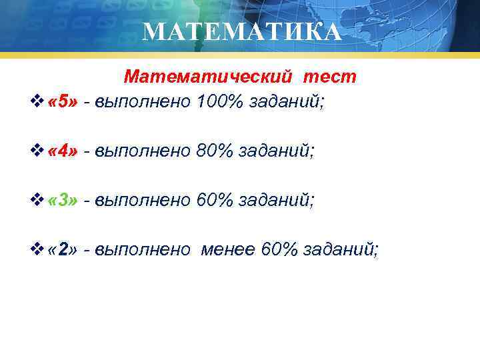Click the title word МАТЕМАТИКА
(241, 31)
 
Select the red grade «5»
(63, 102)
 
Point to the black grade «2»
(63, 249)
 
